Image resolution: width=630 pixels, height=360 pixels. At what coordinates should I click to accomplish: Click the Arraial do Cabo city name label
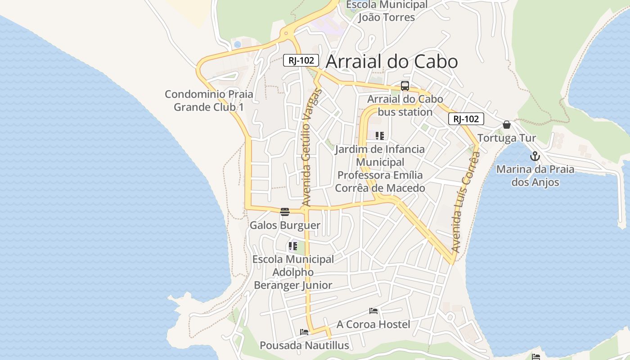click(x=391, y=62)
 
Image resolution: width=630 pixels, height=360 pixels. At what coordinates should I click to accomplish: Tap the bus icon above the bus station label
click(x=405, y=86)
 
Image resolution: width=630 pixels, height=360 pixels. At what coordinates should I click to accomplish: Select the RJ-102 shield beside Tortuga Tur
click(x=466, y=119)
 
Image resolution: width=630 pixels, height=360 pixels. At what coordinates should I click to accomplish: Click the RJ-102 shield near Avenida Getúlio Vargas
click(x=301, y=60)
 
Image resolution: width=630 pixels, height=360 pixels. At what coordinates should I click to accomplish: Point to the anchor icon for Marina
click(x=535, y=157)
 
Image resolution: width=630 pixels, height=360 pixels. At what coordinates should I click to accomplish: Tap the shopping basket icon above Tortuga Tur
click(x=507, y=125)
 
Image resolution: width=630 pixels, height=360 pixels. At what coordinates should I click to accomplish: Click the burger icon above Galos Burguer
click(x=284, y=212)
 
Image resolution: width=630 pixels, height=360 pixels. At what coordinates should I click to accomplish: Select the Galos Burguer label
click(x=285, y=225)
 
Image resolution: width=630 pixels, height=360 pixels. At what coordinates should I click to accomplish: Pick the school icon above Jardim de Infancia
click(x=380, y=135)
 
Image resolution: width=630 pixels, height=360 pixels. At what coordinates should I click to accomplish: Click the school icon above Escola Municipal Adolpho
click(x=293, y=246)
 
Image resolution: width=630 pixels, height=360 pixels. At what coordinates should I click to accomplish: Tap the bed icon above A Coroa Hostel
click(x=373, y=310)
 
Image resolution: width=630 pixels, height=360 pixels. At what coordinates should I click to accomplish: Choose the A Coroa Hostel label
click(x=373, y=324)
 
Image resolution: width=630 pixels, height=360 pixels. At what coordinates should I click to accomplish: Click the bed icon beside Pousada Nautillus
click(x=304, y=332)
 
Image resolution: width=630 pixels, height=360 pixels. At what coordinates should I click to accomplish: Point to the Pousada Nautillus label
click(x=304, y=346)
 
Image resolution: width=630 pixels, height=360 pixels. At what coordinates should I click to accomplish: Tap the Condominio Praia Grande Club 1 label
click(x=209, y=101)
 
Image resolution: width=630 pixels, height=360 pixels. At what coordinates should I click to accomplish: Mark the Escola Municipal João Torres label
click(x=387, y=11)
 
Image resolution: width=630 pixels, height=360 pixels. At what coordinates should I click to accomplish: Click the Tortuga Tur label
click(x=507, y=138)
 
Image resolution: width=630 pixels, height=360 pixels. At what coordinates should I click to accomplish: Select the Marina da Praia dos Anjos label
click(x=535, y=176)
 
